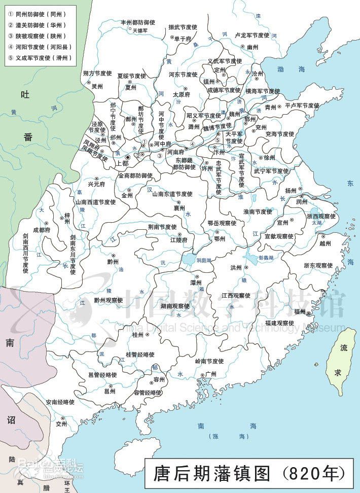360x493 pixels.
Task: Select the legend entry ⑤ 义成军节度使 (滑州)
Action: [40, 58]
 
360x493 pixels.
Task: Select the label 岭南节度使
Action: [209, 361]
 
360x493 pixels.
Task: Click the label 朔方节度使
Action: [97, 74]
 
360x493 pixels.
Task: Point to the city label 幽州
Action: [253, 47]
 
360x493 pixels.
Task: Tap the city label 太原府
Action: [181, 94]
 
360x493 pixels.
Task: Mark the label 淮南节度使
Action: [258, 212]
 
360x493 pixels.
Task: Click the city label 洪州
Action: [236, 267]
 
